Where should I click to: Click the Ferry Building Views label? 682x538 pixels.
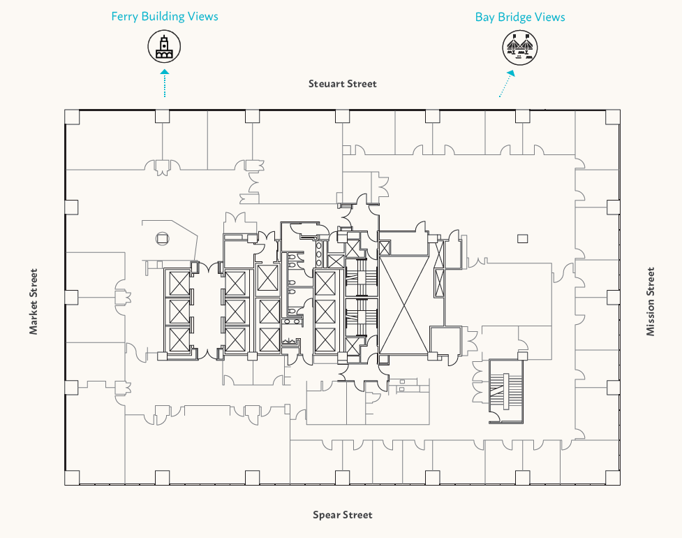(165, 17)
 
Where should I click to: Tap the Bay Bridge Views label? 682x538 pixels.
(520, 17)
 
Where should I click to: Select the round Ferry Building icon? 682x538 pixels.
(164, 48)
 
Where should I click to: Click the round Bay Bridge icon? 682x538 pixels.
(521, 48)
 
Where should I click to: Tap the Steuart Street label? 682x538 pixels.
(343, 84)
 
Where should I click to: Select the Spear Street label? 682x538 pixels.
(342, 516)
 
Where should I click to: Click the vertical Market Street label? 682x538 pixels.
(34, 301)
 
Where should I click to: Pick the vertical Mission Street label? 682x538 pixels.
(651, 301)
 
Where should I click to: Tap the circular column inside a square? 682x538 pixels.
(162, 238)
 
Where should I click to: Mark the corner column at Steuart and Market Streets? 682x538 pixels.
(72, 117)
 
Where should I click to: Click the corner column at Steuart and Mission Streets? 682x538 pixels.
(612, 117)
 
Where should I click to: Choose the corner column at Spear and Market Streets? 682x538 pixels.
(72, 477)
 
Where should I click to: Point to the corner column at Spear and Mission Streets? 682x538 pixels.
(612, 477)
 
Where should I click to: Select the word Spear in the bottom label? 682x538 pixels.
(326, 516)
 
